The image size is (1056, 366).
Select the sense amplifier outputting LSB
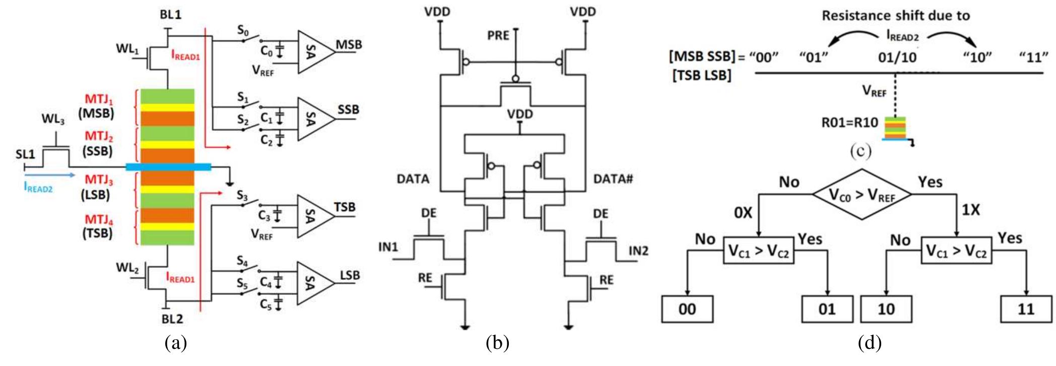point(312,283)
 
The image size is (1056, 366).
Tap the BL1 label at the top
point(170,15)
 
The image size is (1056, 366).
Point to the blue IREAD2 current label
point(38,188)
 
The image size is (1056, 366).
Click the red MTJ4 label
point(99,220)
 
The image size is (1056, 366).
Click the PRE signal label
point(498,36)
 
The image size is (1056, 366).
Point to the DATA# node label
point(613,179)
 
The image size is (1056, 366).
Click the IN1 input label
point(388,247)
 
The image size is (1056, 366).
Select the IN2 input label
point(638,251)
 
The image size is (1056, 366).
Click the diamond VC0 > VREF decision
point(862,194)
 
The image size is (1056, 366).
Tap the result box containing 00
point(687,309)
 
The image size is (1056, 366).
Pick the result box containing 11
point(1026,309)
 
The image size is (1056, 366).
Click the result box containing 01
point(827,309)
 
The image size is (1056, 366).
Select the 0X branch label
point(743,213)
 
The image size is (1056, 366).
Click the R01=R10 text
point(850,123)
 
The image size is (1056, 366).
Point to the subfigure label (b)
point(497,344)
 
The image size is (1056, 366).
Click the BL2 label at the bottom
point(172,319)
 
